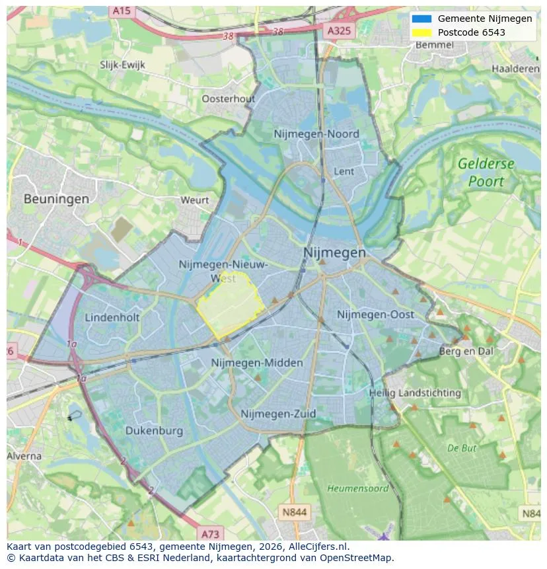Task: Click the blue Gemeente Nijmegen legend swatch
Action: point(421,19)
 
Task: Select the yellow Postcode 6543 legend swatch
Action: point(421,32)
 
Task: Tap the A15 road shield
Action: point(121,11)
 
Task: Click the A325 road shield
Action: point(340,30)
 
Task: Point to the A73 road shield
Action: point(210,534)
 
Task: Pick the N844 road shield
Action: point(294,512)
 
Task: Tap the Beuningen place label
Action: point(56,198)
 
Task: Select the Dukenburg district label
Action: point(154,431)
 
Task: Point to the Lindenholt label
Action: point(112,318)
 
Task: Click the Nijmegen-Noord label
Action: point(316,134)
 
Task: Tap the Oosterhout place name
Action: point(228,99)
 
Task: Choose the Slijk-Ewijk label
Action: point(122,65)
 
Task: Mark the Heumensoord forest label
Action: point(358,488)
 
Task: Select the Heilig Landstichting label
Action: point(415,393)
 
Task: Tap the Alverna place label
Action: point(24,456)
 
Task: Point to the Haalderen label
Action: point(515,69)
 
